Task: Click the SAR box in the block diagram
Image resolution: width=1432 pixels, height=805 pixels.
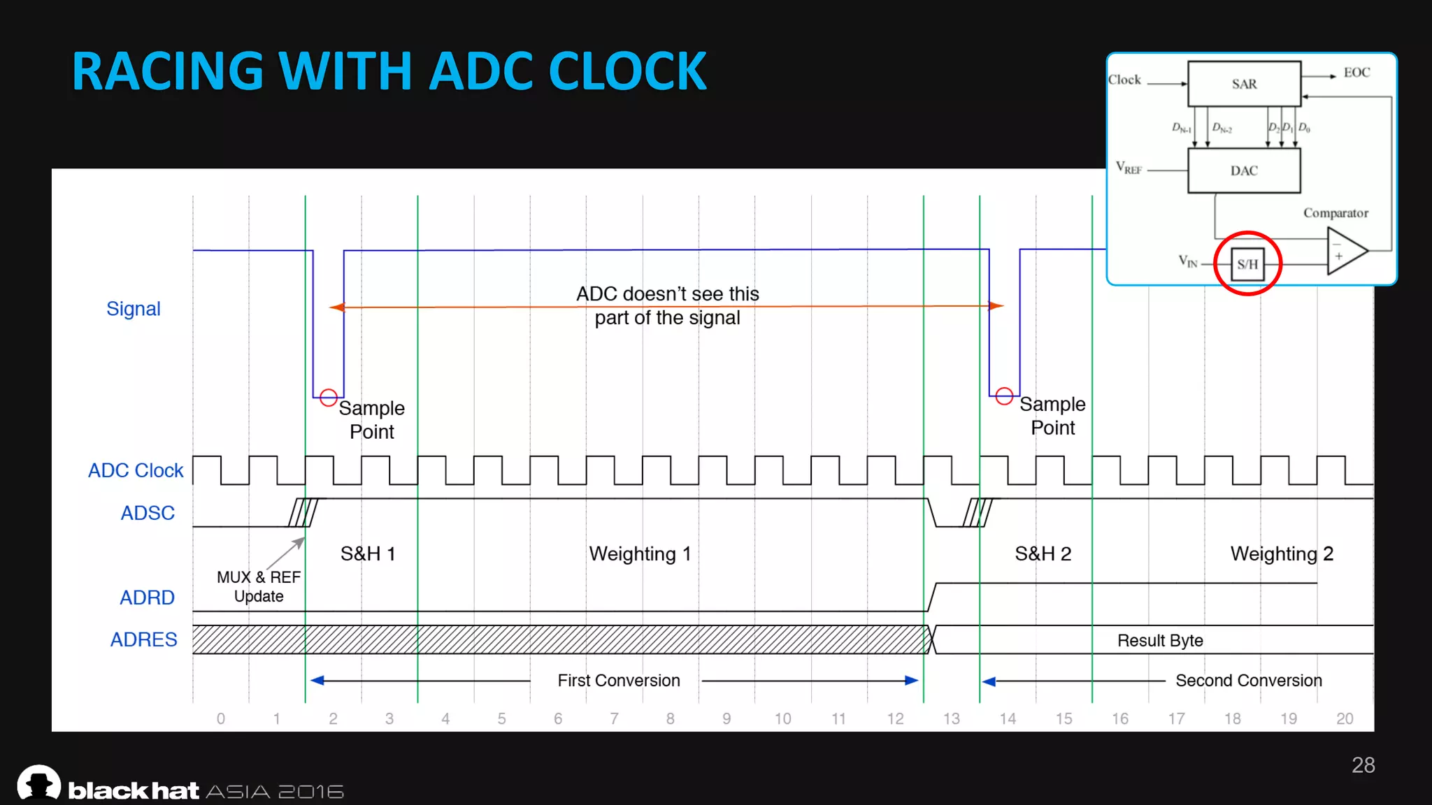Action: point(1244,84)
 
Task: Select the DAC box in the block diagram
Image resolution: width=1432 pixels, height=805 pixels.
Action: point(1244,171)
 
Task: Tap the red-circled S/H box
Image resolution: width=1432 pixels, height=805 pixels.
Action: point(1247,264)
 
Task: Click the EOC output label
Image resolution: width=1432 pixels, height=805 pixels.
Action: point(1356,73)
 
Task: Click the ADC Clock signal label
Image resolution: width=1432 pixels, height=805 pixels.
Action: point(136,471)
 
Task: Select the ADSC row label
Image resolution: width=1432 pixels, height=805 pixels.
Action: point(148,513)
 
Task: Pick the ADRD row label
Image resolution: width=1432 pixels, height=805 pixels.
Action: point(147,597)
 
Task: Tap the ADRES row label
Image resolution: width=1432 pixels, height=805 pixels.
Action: point(144,639)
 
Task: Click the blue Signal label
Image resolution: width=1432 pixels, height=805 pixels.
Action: point(134,309)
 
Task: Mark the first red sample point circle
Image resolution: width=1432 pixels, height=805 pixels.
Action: point(328,398)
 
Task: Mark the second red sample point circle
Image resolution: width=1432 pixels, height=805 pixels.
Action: point(1004,396)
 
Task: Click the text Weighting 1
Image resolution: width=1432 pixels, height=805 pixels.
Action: point(640,554)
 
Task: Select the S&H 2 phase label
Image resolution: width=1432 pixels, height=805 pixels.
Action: point(1043,554)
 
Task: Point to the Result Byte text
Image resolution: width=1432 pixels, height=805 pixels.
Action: point(1160,641)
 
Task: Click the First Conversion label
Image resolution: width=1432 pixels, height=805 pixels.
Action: point(619,681)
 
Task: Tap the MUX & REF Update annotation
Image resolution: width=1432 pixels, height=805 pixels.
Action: point(259,586)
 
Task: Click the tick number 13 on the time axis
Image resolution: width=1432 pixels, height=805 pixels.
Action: point(952,719)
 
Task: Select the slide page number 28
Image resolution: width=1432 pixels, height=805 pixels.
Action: point(1363,765)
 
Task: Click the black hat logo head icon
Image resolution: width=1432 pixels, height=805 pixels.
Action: point(39,783)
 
